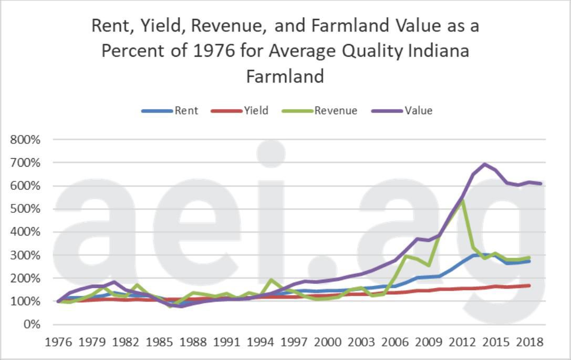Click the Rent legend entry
pos(170,110)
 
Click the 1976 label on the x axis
pos(58,342)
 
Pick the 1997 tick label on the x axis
pos(294,342)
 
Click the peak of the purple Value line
pos(484,164)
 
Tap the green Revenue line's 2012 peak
pos(462,201)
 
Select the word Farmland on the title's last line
pos(285,76)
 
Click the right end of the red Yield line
pos(529,285)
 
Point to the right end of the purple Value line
pos(541,183)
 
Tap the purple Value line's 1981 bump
pos(115,282)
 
